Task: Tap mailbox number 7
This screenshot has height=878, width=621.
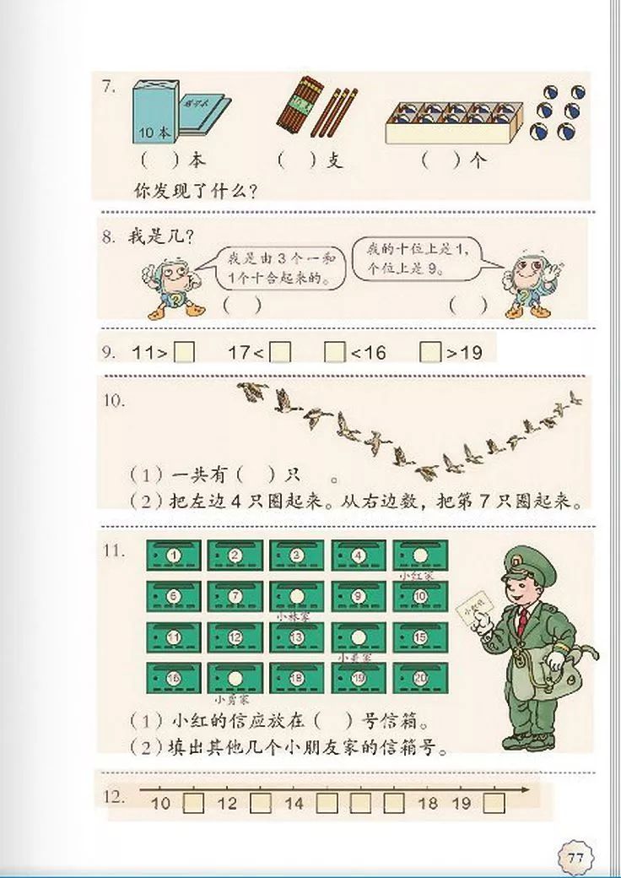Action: (x=235, y=597)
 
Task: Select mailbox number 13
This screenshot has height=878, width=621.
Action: (x=297, y=637)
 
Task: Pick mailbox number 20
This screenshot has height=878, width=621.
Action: (x=420, y=677)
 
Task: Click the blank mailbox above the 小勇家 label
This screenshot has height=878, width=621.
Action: (x=235, y=677)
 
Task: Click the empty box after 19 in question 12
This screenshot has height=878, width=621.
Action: (x=494, y=803)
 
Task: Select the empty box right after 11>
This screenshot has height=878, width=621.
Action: (x=184, y=352)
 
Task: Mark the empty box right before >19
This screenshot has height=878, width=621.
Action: (x=430, y=352)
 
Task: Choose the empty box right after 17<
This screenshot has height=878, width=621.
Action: (x=280, y=352)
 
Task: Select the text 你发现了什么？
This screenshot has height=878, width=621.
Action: (x=195, y=191)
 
